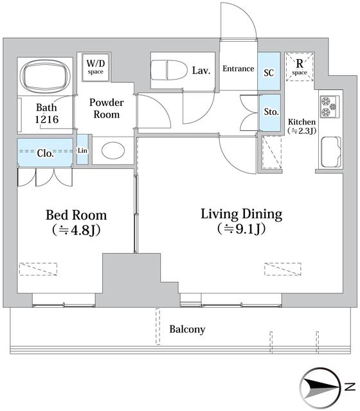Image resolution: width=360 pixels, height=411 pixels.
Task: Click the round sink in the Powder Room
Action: [114, 152]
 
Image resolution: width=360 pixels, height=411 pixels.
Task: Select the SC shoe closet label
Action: [269, 73]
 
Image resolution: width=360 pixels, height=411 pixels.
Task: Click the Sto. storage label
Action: [271, 112]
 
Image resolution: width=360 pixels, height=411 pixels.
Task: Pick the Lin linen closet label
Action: [82, 151]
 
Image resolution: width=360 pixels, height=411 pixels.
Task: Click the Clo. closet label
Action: [45, 154]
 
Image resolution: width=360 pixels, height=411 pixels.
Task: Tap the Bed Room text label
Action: [76, 215]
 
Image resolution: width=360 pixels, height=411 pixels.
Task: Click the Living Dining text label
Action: [241, 214]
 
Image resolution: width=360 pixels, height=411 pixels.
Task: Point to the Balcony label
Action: [187, 329]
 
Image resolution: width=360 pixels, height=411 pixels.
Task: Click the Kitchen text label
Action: [301, 122]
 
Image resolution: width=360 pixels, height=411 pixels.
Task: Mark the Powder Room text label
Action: [107, 108]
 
